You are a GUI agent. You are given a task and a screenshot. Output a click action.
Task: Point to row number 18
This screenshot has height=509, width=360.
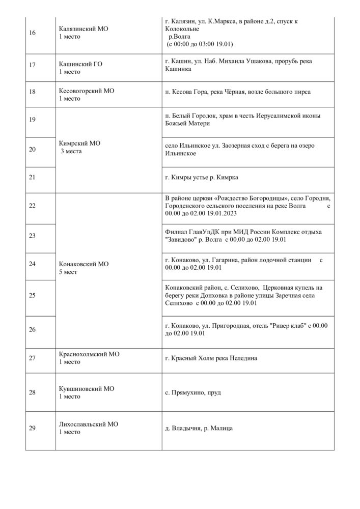point(33,95)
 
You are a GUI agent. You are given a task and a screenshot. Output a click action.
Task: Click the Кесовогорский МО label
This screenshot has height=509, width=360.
point(87,91)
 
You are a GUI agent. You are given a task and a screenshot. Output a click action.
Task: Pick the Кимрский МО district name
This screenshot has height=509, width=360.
point(80,144)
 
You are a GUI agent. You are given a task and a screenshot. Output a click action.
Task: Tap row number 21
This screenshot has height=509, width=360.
point(33,177)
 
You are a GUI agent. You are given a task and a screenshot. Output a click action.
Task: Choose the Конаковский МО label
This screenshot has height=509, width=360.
point(84,264)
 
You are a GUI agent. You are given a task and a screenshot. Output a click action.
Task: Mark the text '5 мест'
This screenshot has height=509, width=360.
point(70,272)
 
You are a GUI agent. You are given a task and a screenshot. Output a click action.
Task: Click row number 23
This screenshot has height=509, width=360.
point(33,236)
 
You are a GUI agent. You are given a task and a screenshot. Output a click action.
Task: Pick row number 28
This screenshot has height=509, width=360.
point(33,392)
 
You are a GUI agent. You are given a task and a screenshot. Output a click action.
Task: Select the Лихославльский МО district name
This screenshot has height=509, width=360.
point(89,424)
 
